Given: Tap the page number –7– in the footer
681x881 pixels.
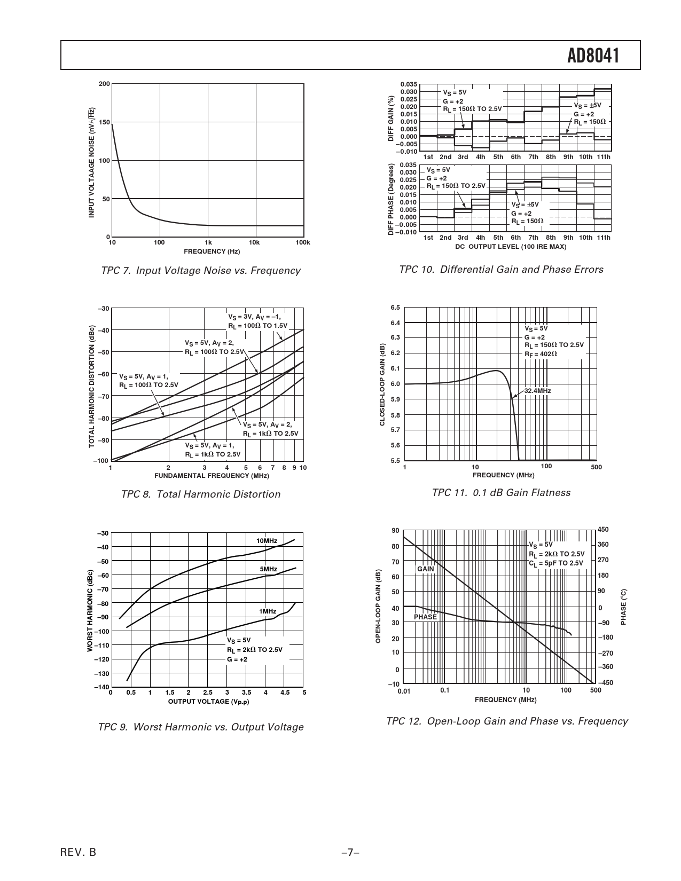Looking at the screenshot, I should [x=350, y=853].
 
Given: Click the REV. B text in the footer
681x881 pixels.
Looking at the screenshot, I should [x=79, y=853].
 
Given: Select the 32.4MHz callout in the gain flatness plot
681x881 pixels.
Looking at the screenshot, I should [x=537, y=391].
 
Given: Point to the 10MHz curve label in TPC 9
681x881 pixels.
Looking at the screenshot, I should [x=267, y=541].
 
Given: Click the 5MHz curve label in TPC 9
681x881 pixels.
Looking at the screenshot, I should [x=268, y=569].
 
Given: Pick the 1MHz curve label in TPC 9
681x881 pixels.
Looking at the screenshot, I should [x=268, y=611].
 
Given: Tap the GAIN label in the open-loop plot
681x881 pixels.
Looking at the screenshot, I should [x=425, y=569].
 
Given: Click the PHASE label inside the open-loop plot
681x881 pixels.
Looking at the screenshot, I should [x=425, y=617].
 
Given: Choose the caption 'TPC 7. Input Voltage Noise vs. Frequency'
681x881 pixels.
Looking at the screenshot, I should [x=200, y=271].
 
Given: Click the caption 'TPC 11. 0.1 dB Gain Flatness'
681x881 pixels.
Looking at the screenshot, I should [x=500, y=493].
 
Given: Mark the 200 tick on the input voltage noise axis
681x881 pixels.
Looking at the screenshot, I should [x=104, y=84].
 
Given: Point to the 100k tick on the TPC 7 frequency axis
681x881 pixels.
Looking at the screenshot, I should [x=302, y=243].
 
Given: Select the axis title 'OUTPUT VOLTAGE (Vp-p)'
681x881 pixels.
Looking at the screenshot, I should [x=208, y=702].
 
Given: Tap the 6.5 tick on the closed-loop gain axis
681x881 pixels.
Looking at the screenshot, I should [x=395, y=308].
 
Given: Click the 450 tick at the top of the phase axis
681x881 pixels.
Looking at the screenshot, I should [x=603, y=530].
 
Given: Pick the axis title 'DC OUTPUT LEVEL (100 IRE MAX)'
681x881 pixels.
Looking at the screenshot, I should [x=510, y=247].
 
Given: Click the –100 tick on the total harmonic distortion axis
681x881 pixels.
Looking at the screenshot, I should [x=100, y=460].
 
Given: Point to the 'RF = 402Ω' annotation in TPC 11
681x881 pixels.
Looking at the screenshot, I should [x=541, y=354].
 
